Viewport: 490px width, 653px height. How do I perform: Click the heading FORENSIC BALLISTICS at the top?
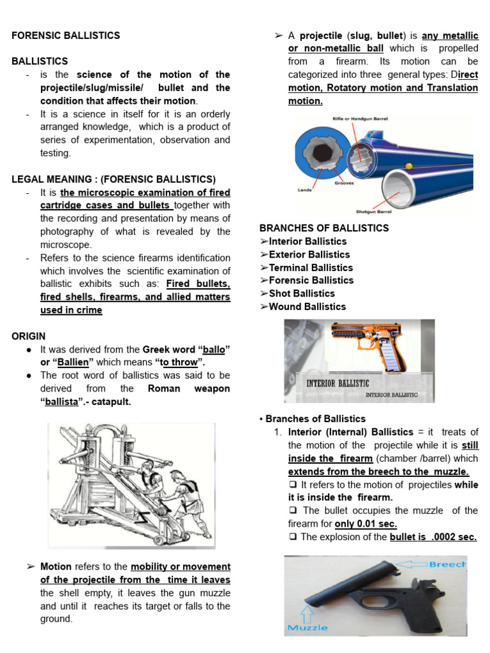(66, 36)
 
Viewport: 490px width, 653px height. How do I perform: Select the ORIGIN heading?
(29, 336)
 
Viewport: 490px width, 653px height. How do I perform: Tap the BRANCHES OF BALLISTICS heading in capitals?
(324, 228)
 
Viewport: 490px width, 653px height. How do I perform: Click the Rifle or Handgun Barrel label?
(360, 119)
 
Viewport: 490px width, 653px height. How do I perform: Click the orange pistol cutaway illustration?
(367, 348)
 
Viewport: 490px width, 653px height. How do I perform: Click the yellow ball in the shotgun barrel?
(409, 166)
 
